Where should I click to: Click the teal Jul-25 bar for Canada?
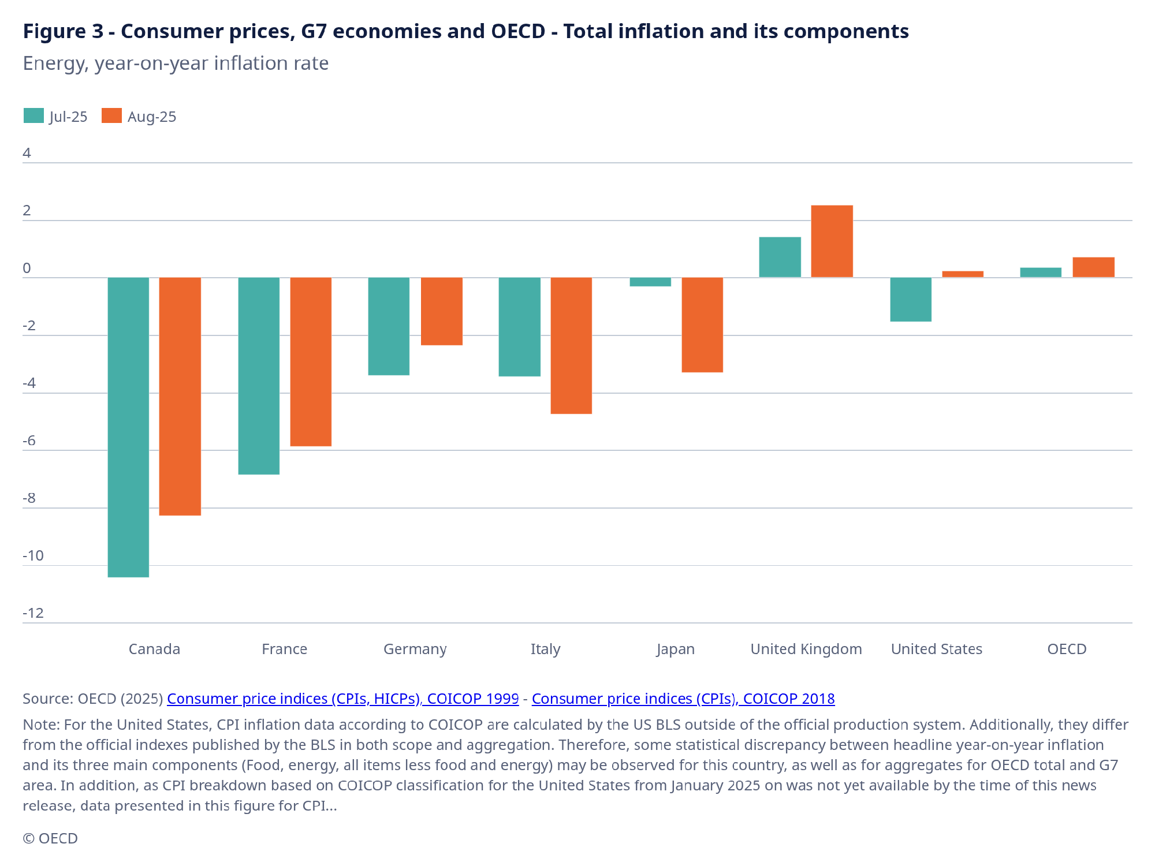click(x=128, y=427)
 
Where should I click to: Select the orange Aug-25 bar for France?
click(x=311, y=362)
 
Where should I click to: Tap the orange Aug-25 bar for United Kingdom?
click(x=832, y=241)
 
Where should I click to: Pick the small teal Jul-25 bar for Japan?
click(x=650, y=282)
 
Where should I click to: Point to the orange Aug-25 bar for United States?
click(x=963, y=274)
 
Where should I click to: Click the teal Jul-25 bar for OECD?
click(x=1041, y=273)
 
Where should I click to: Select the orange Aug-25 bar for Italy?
click(x=571, y=346)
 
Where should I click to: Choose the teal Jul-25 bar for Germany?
click(x=389, y=326)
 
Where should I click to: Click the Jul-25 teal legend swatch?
click(x=33, y=116)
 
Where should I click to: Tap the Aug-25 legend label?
click(x=151, y=117)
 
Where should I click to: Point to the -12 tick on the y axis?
click(x=33, y=613)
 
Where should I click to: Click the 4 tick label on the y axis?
click(x=27, y=153)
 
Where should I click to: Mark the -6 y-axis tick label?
click(x=29, y=441)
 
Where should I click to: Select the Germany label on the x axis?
click(x=415, y=649)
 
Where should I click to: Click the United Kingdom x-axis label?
click(x=806, y=649)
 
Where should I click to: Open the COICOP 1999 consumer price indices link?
click(x=342, y=699)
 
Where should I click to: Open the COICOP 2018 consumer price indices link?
click(x=683, y=699)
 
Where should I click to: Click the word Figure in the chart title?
click(x=55, y=31)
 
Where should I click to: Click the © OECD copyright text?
click(x=50, y=838)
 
